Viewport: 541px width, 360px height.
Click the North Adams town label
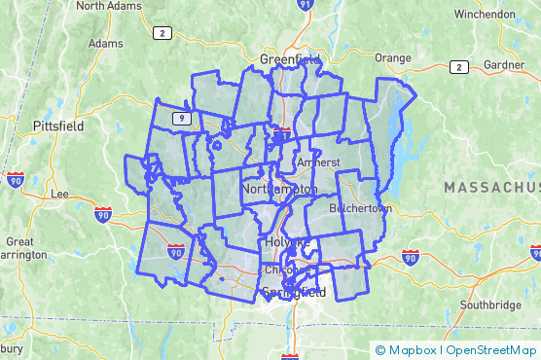click(x=105, y=6)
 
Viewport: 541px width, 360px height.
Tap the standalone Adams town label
click(x=105, y=43)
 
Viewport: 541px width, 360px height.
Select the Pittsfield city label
click(x=57, y=126)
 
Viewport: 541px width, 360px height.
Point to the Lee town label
click(x=59, y=194)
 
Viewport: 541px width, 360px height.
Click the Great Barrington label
click(x=23, y=248)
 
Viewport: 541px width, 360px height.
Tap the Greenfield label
click(x=290, y=60)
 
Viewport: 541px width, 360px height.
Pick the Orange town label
click(x=393, y=57)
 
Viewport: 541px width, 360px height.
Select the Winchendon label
click(x=484, y=15)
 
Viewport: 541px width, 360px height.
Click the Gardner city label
click(x=503, y=65)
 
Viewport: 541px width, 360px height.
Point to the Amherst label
click(x=317, y=162)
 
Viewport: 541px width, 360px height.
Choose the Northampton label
click(x=279, y=188)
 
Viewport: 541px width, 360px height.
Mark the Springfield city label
click(x=293, y=292)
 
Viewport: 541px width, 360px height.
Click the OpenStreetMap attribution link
click(x=491, y=349)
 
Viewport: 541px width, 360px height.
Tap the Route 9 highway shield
click(x=181, y=118)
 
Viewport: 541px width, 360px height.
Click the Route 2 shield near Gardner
click(x=457, y=67)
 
